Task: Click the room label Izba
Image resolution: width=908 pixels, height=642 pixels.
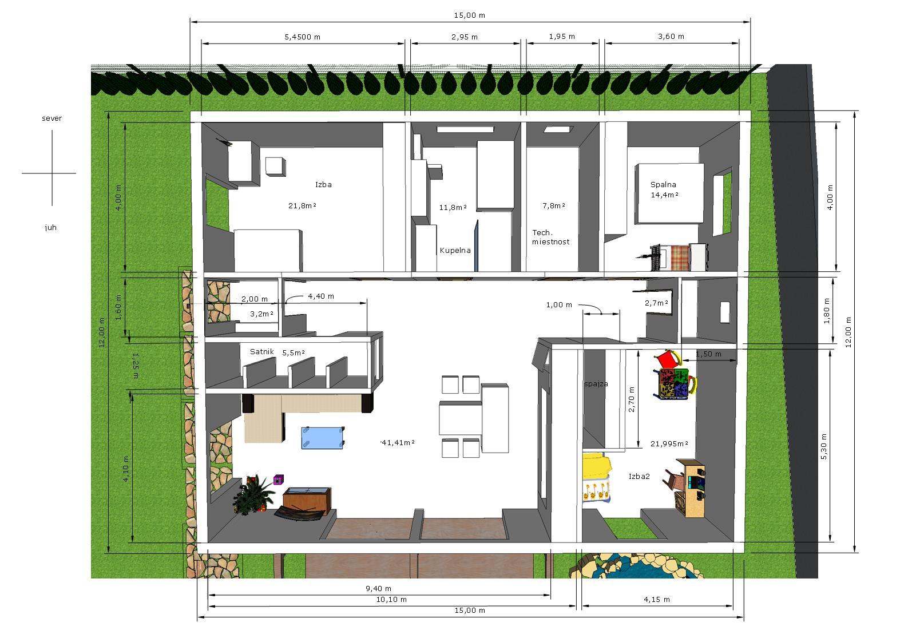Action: [323, 184]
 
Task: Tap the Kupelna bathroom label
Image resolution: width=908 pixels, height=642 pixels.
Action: [455, 251]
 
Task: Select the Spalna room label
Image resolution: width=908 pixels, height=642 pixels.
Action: [663, 184]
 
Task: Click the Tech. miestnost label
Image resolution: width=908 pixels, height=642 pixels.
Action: [550, 237]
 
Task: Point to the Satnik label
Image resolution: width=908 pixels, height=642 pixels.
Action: [262, 351]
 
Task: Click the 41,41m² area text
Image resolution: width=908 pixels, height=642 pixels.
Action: [398, 443]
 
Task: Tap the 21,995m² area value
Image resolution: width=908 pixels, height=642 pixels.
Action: [669, 444]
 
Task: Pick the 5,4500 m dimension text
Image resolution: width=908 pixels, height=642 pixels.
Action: [303, 37]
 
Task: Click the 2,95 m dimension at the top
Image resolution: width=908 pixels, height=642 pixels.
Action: [465, 37]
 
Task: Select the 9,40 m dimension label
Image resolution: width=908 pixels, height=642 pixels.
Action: [378, 588]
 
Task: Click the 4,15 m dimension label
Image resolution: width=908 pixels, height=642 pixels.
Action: [657, 600]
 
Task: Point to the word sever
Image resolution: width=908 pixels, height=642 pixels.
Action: [51, 118]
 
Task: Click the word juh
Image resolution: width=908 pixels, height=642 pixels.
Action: [51, 227]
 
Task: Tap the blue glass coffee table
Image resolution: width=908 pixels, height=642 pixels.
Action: [323, 438]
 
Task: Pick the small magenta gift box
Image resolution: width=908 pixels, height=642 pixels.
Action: [279, 479]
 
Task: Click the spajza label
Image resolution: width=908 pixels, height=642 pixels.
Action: [596, 384]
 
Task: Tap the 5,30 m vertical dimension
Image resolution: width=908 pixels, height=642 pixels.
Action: [824, 447]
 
